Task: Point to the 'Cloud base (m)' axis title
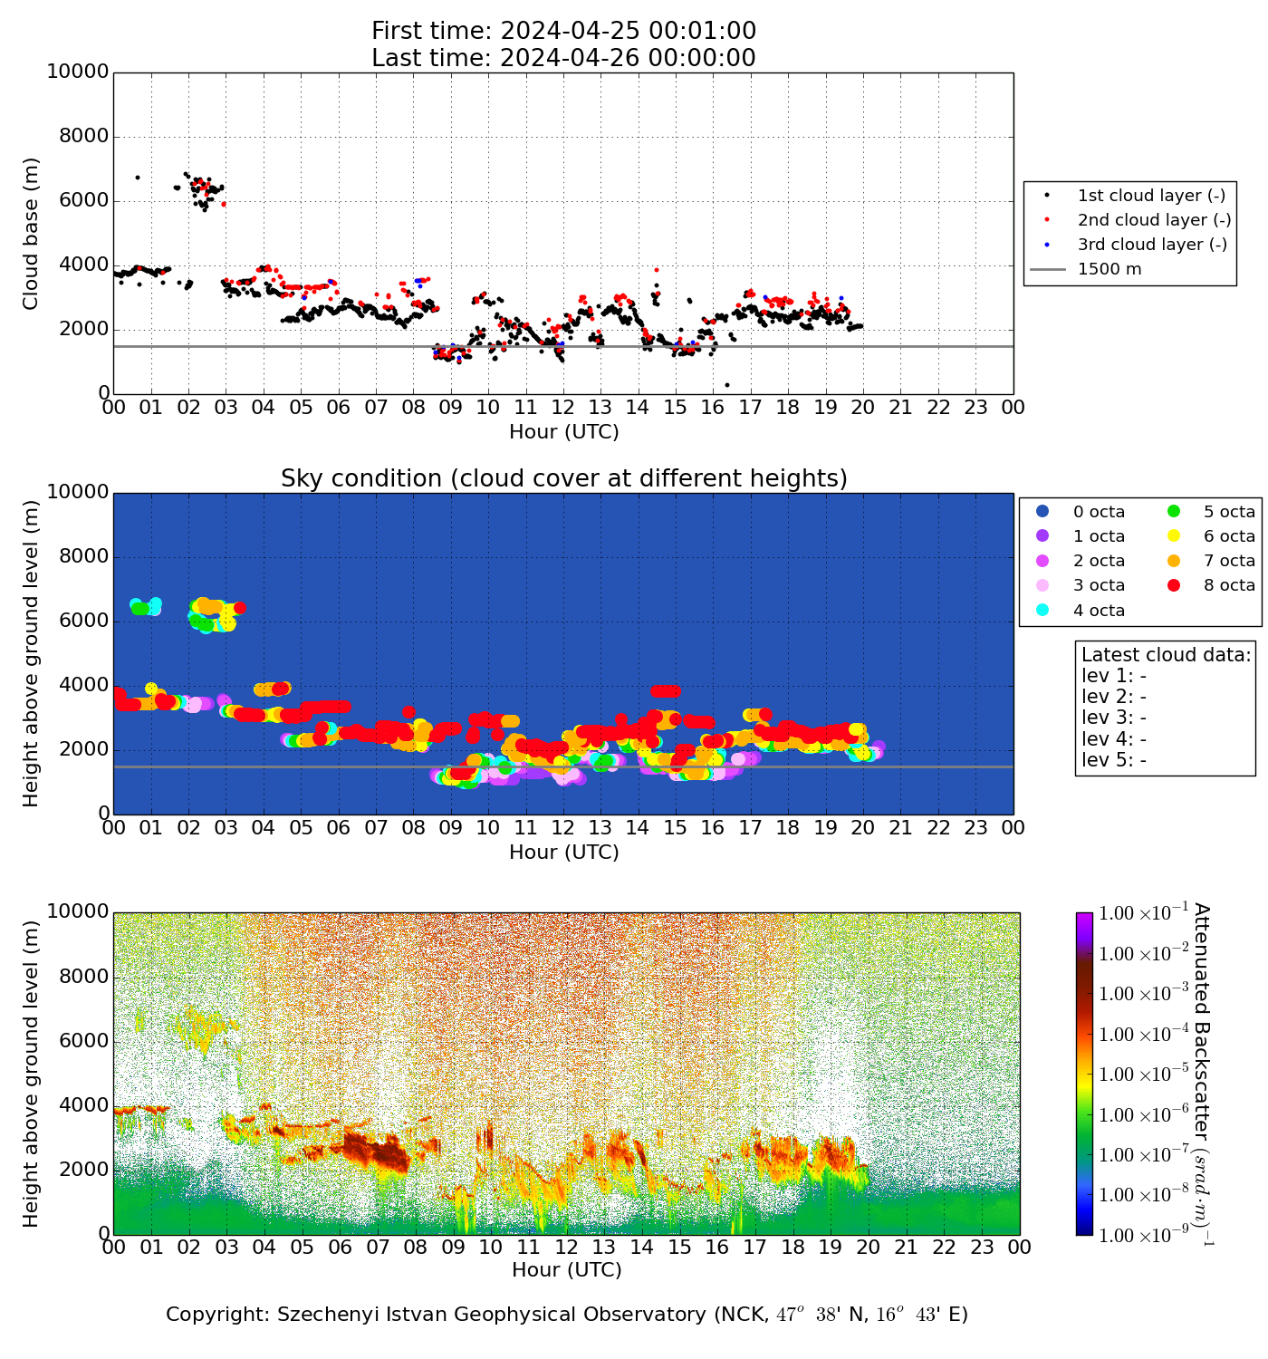point(32,234)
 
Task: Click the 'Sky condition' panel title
point(563,478)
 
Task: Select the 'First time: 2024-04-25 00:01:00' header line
point(563,32)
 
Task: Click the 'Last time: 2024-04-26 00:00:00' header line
point(563,58)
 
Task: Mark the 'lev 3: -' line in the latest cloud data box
point(1113,718)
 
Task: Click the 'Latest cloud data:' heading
point(1166,655)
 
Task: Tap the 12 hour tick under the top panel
point(562,408)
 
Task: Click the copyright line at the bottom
point(566,1315)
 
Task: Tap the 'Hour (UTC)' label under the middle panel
point(563,853)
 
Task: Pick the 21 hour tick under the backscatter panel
point(907,1248)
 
